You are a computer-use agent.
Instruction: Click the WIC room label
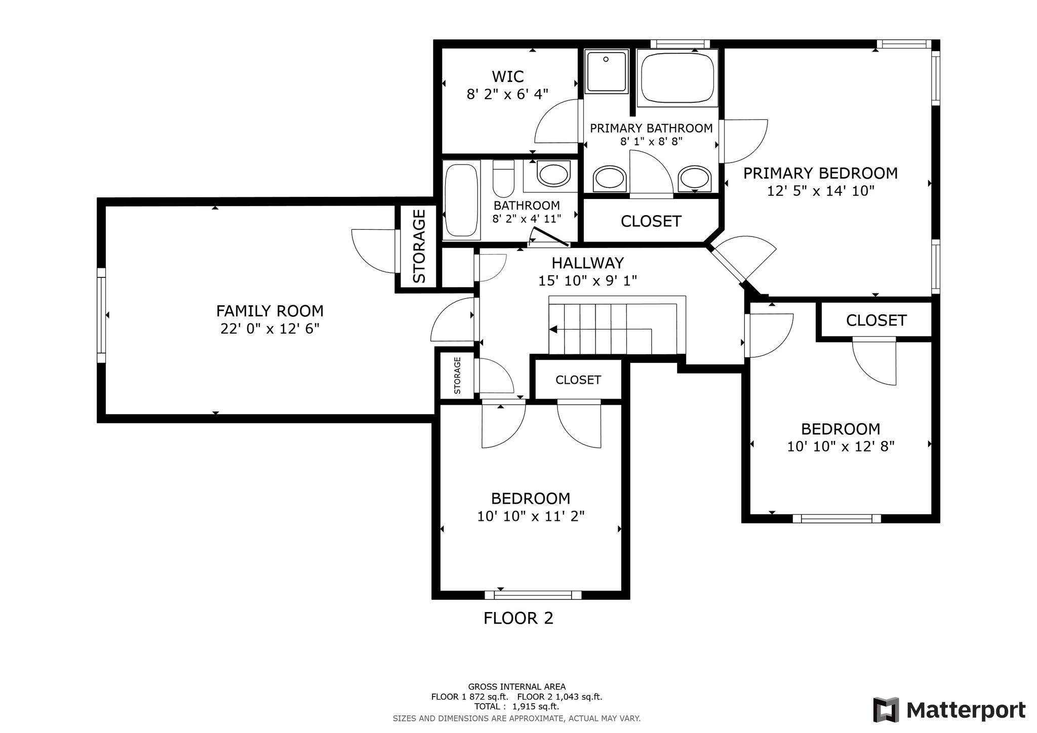coord(508,77)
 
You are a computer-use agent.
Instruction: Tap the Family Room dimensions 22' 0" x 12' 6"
coord(270,329)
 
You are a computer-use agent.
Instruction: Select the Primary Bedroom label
coord(820,173)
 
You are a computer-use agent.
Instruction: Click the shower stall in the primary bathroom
coord(606,71)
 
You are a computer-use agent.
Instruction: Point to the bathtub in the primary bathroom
coord(677,78)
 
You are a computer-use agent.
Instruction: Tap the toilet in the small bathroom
coord(503,179)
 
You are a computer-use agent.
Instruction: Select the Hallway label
coord(587,263)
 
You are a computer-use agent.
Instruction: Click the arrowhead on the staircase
coord(553,330)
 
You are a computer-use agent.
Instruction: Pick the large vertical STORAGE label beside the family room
coord(419,247)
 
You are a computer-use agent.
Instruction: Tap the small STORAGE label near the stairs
coord(457,376)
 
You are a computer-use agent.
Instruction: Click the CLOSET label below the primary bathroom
coord(651,221)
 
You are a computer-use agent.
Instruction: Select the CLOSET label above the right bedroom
coord(876,320)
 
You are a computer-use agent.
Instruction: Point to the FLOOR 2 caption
coord(518,618)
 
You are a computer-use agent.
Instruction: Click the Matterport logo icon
coord(886,710)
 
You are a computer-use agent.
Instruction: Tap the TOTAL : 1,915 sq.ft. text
coord(516,707)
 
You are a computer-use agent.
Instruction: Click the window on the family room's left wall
coord(101,315)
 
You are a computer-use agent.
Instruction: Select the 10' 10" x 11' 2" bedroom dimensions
coord(531,516)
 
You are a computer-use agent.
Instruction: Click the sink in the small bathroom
coord(553,175)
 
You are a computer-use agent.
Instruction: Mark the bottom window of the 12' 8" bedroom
coord(836,518)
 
